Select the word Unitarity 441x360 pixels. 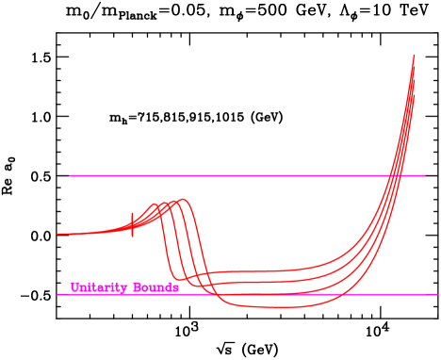pyautogui.click(x=99, y=287)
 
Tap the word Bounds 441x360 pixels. pyautogui.click(x=155, y=287)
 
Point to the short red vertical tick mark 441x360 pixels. pyautogui.click(x=132, y=224)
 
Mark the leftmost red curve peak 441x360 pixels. pyautogui.click(x=154, y=205)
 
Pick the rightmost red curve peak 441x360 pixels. pyautogui.click(x=183, y=200)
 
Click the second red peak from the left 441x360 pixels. pyautogui.click(x=164, y=203)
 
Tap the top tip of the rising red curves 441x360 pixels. pyautogui.click(x=414, y=57)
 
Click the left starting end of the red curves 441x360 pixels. pyautogui.click(x=58, y=234)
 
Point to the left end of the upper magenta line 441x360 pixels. pyautogui.click(x=70, y=175)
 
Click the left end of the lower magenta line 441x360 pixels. pyautogui.click(x=57, y=294)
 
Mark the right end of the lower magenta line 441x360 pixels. pyautogui.click(x=437, y=294)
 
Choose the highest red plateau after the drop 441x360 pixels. pyautogui.click(x=245, y=271)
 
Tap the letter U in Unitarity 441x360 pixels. pyautogui.click(x=74, y=287)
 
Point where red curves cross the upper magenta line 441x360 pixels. pyautogui.click(x=397, y=175)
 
